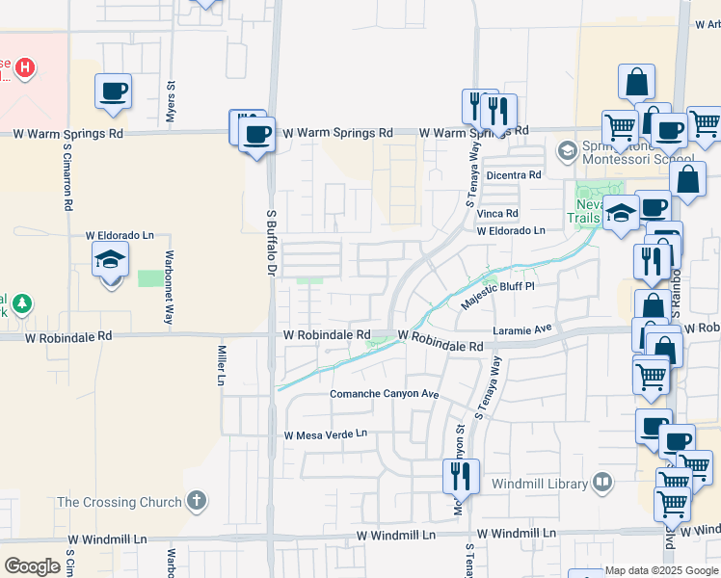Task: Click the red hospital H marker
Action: tap(27, 67)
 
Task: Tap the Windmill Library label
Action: tap(539, 483)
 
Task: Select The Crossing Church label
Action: tap(120, 502)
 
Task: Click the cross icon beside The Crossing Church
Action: tap(197, 501)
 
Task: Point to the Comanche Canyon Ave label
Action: tap(385, 395)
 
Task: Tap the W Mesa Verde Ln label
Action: tap(326, 434)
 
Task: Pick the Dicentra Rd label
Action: tap(515, 174)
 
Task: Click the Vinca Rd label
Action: tap(497, 213)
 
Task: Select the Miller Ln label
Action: tap(221, 367)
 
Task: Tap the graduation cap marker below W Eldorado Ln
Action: tap(111, 259)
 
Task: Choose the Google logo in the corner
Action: tap(32, 566)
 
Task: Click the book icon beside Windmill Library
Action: tap(602, 481)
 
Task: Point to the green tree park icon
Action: tap(19, 303)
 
